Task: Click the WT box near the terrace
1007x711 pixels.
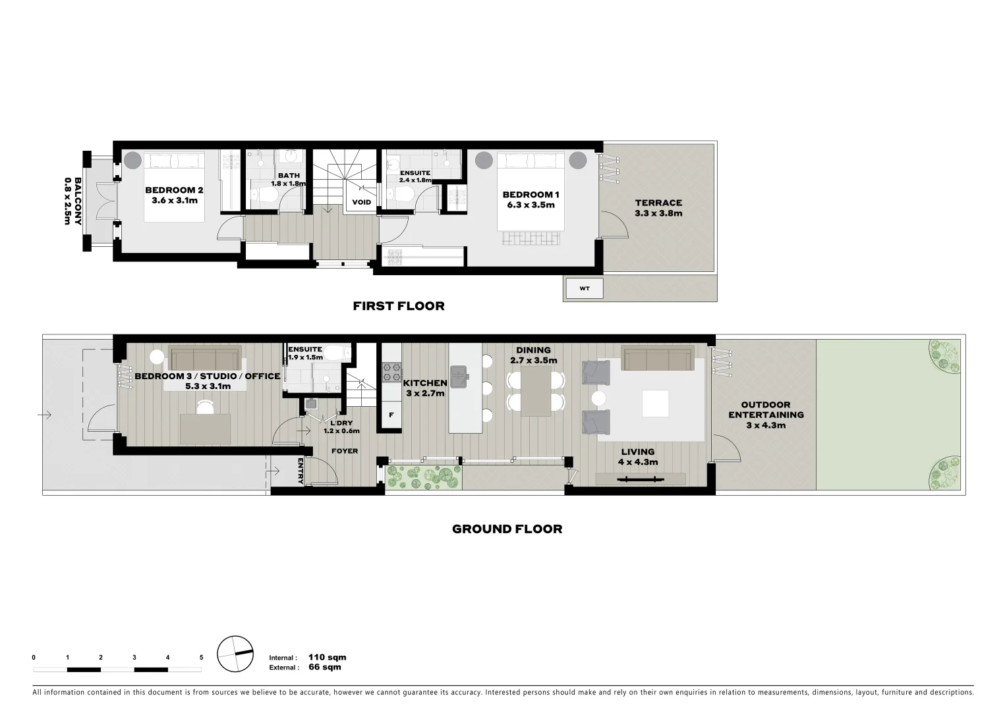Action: point(583,288)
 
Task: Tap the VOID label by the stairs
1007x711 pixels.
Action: point(361,202)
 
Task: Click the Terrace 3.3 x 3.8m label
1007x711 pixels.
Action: point(658,208)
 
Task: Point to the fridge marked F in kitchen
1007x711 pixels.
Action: point(391,415)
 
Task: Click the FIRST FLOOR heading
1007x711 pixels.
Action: point(398,305)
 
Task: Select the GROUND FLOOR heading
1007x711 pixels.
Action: point(507,529)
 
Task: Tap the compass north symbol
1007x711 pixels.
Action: point(235,654)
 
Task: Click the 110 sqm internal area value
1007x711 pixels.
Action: point(327,657)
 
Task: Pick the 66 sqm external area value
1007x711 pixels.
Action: point(324,667)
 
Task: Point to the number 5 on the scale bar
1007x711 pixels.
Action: point(202,657)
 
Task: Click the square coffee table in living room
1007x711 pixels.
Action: point(655,404)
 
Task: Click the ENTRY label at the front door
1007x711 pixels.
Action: point(301,471)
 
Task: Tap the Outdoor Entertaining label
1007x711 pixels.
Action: point(765,415)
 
